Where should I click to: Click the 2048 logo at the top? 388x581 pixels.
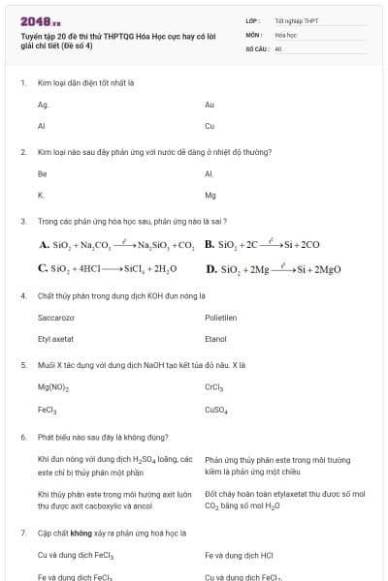pos(40,20)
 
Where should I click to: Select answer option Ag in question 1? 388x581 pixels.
pos(43,105)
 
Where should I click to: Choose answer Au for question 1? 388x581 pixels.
pos(210,105)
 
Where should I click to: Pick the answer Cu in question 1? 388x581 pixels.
pos(210,126)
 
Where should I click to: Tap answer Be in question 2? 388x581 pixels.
pos(42,174)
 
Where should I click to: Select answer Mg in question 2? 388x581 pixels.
pos(210,195)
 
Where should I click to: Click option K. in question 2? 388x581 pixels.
pos(41,195)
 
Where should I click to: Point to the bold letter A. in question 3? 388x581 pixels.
pos(44,245)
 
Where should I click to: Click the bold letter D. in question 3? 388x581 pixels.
pos(211,268)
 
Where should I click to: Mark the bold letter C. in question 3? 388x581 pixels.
pos(44,268)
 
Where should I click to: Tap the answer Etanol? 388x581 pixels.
pos(215,339)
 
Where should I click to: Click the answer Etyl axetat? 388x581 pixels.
pos(56,339)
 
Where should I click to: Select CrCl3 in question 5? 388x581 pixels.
pos(214,387)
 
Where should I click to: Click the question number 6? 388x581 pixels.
pos(22,437)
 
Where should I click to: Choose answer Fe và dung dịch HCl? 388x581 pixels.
pos(240,556)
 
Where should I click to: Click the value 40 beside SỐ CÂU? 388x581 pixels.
pos(278,47)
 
